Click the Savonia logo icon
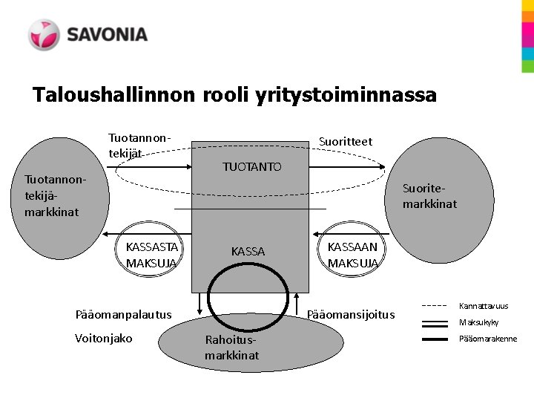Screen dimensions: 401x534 44,35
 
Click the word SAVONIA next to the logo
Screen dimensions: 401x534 108,35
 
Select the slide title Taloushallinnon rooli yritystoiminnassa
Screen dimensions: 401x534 234,95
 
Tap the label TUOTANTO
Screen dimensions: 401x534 252,167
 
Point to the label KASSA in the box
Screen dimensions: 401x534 248,252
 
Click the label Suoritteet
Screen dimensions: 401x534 345,142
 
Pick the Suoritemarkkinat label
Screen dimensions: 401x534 429,196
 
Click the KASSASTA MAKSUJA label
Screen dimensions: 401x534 151,255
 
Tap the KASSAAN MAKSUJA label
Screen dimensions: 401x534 352,255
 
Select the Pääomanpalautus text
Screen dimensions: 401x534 123,314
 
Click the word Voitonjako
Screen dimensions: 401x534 104,339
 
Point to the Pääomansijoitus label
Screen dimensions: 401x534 351,315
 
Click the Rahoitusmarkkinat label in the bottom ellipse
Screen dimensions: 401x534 232,348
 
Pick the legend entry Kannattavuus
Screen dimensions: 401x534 484,306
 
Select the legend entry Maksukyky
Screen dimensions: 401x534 479,322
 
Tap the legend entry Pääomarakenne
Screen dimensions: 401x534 488,339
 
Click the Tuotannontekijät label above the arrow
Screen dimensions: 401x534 139,146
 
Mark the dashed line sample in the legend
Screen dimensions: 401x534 435,305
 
